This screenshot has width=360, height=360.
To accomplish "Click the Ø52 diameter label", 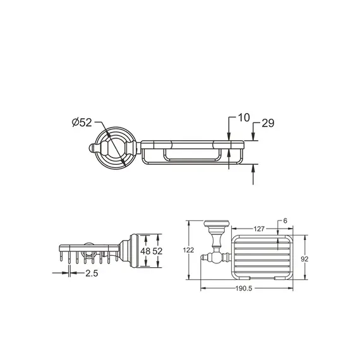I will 80,123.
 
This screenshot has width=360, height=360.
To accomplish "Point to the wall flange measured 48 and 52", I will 131,250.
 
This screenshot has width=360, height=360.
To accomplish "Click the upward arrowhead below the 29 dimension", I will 253,167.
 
